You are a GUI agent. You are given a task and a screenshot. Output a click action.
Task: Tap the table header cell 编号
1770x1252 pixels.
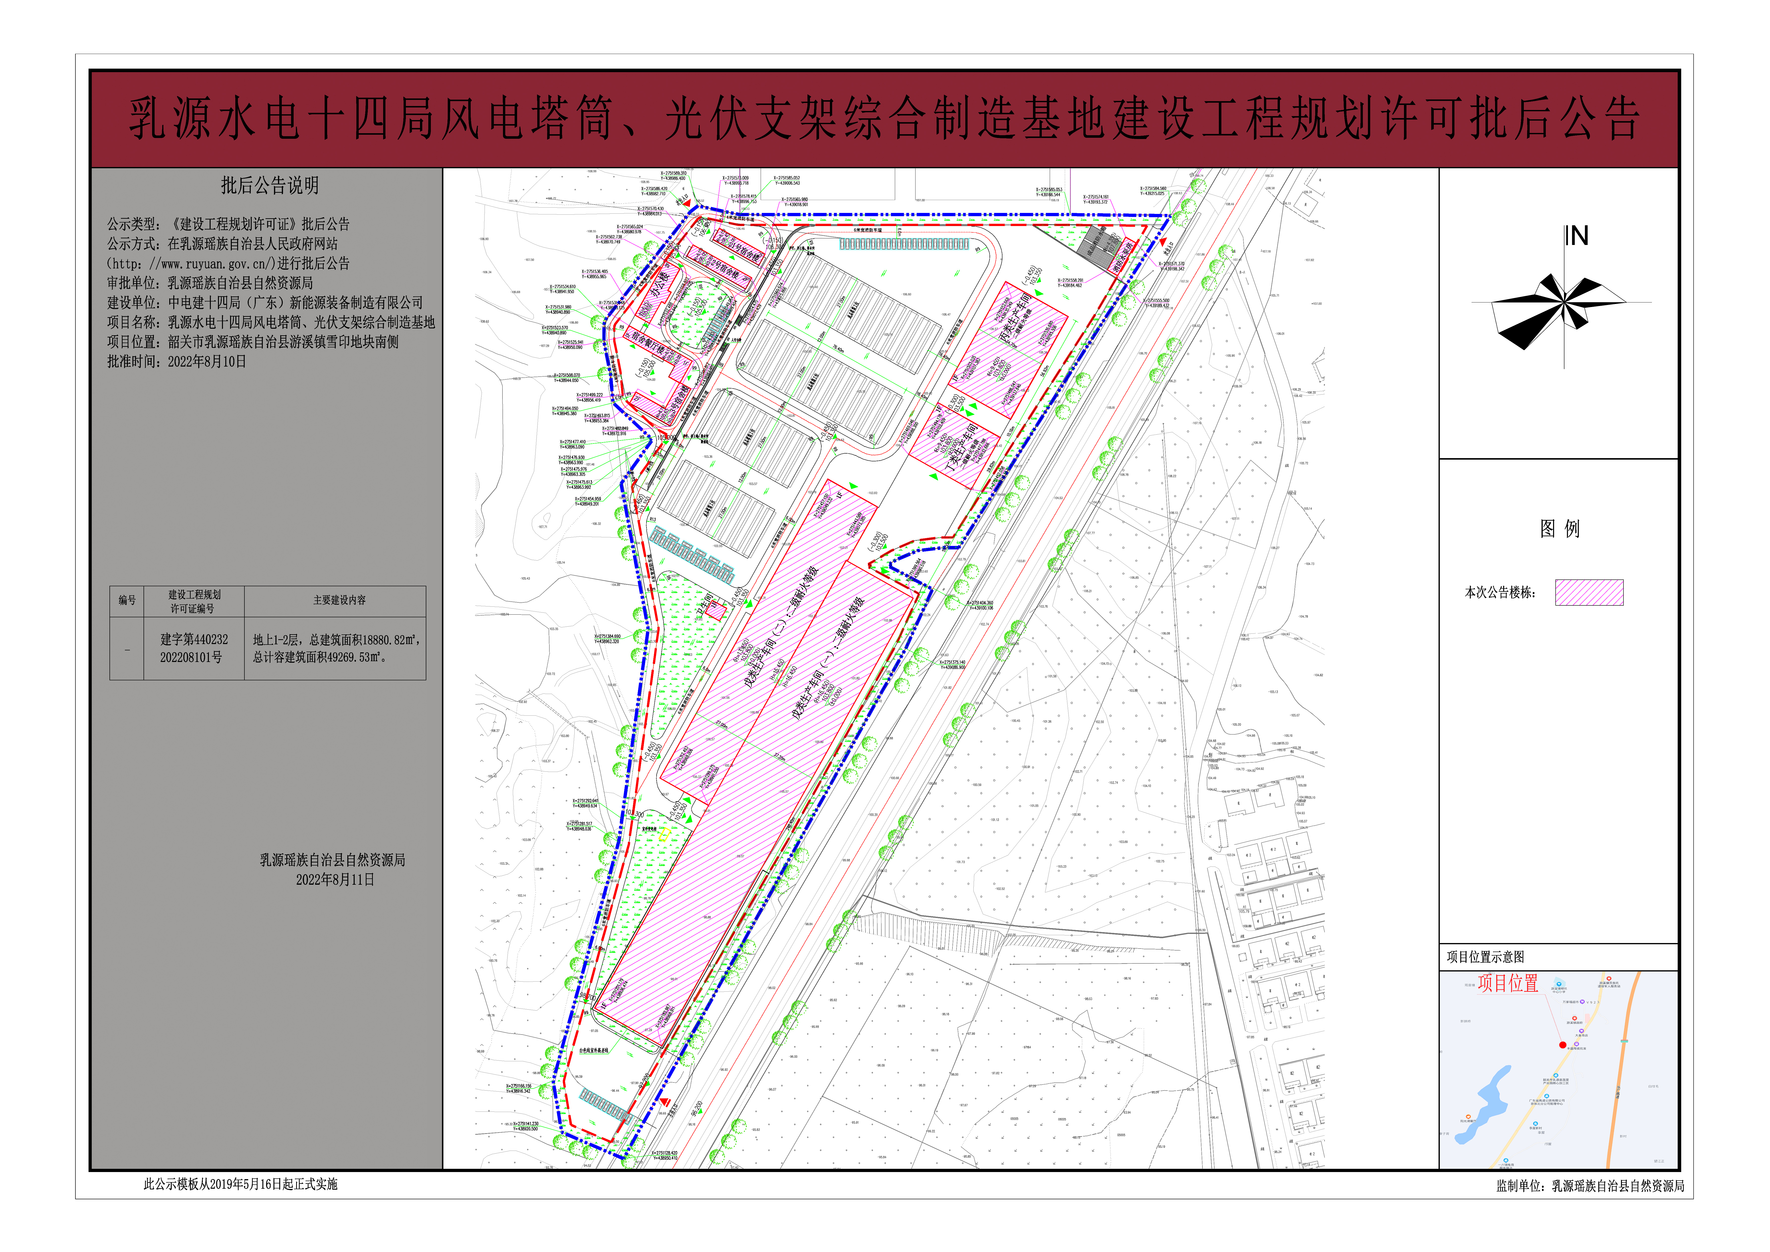127,601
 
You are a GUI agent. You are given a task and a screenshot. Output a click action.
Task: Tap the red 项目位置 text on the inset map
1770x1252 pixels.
1508,984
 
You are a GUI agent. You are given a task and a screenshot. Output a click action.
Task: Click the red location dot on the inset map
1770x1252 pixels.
1563,1045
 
